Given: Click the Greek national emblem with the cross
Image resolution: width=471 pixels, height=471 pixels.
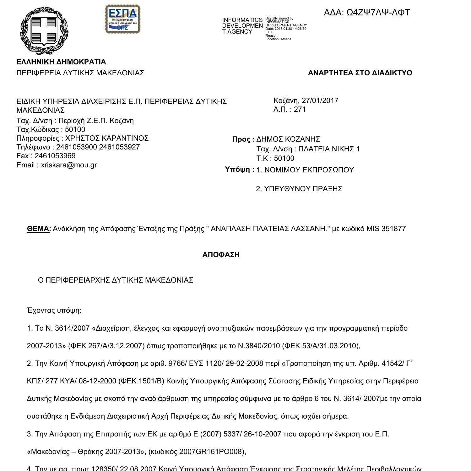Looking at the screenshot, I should [x=44, y=30].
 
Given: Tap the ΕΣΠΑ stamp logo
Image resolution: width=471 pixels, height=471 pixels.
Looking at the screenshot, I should [x=122, y=19].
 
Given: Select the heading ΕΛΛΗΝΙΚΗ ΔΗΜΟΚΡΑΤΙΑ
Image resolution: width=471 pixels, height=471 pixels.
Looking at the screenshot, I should [x=61, y=62].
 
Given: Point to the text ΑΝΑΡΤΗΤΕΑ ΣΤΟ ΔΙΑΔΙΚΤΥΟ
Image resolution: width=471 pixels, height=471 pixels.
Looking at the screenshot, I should [x=360, y=73].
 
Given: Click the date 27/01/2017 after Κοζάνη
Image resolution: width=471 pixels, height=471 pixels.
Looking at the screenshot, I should [x=320, y=100].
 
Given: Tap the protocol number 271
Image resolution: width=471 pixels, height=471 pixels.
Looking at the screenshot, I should [x=300, y=109].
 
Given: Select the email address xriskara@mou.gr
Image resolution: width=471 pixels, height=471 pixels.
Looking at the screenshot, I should [x=69, y=165].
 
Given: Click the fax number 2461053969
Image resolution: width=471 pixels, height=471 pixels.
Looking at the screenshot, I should [x=55, y=156].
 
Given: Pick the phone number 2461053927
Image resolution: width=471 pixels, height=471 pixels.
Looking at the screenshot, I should [x=119, y=147].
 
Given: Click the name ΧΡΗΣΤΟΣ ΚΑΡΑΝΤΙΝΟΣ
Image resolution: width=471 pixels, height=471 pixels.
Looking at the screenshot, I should [x=107, y=138].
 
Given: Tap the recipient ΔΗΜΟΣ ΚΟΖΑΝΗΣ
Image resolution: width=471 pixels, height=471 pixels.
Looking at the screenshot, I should [x=288, y=139].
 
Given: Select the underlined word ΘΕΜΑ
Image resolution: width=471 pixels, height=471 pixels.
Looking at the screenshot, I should [x=39, y=229].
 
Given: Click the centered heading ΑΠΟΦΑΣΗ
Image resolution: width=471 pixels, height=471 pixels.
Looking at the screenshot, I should [x=221, y=255].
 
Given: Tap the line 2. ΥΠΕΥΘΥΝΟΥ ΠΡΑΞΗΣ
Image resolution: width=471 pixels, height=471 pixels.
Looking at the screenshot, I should [x=299, y=189].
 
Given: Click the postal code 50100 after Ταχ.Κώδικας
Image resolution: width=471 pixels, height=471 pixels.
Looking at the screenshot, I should [x=75, y=129].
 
